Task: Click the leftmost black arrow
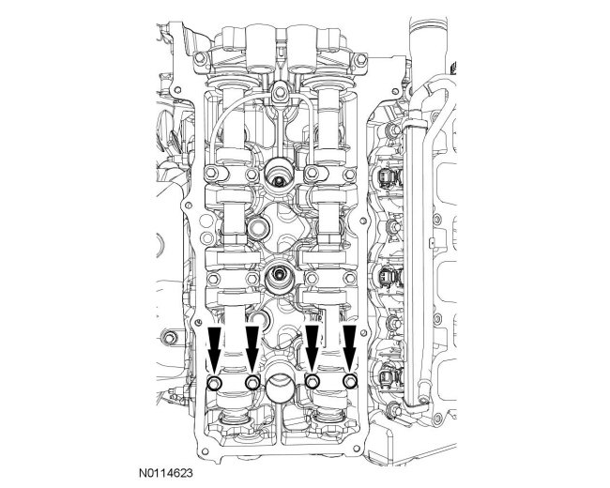[x=214, y=349]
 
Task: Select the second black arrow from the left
[x=252, y=349]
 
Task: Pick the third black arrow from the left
[x=312, y=349]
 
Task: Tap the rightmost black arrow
[x=350, y=349]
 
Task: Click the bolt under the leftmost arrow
[x=215, y=383]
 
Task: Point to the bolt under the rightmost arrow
[x=350, y=382]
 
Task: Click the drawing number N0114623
[x=166, y=473]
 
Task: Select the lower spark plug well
[x=279, y=277]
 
